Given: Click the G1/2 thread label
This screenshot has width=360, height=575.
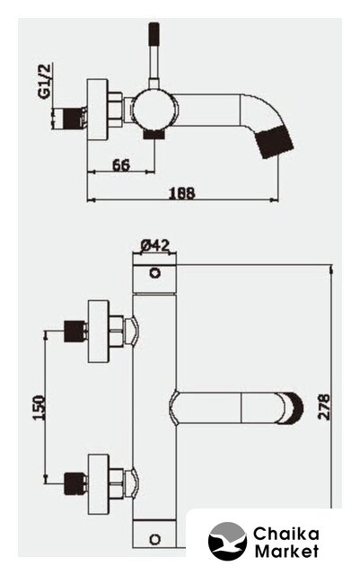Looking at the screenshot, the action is tap(44, 82).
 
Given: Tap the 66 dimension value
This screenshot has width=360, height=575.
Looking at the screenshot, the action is tap(121, 165).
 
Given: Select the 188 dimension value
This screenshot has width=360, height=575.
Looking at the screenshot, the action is tap(182, 193).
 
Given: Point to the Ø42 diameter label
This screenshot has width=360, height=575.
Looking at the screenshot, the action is tap(155, 245).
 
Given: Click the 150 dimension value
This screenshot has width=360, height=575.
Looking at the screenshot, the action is tap(39, 407).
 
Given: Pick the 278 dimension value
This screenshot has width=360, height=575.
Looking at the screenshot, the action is tap(324, 407).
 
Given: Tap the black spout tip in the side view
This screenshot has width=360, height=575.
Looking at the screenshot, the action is tap(276, 142).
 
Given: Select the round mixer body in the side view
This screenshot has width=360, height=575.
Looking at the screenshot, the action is tap(154, 110).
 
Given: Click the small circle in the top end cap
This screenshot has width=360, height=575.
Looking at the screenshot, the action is tap(155, 273).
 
